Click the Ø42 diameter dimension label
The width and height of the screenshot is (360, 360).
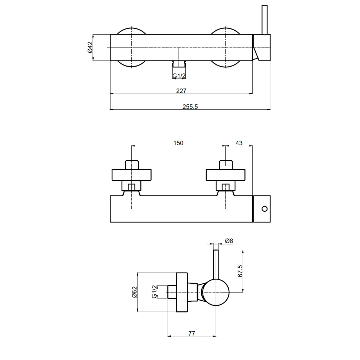(x=90, y=48)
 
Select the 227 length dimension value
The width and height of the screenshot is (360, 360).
(x=181, y=91)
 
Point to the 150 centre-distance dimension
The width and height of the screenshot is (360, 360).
(x=178, y=143)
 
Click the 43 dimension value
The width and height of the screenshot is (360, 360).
(x=239, y=143)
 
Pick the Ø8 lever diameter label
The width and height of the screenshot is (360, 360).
(x=229, y=240)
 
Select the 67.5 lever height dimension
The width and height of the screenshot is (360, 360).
(x=240, y=271)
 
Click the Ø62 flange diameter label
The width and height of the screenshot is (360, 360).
(x=134, y=292)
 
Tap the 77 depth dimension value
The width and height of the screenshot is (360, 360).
(x=192, y=334)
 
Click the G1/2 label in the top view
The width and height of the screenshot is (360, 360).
(x=179, y=76)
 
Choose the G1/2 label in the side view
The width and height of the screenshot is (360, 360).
(x=154, y=292)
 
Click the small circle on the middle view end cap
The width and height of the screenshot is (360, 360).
(x=265, y=209)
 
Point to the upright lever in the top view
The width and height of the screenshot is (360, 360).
(x=265, y=20)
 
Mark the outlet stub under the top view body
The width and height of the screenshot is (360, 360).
(x=179, y=64)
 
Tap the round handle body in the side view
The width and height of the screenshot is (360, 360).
(x=215, y=292)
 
